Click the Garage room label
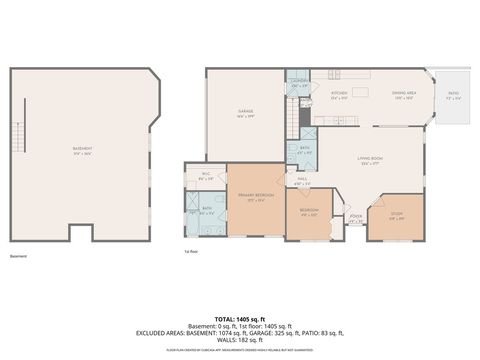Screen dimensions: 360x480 (x=245, y=112)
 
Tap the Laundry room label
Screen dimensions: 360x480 (x=298, y=83)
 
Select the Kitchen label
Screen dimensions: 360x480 (x=338, y=94)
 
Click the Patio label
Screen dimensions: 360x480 (x=452, y=95)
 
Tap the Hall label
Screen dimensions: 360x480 (x=302, y=181)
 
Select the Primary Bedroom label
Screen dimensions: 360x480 (x=257, y=196)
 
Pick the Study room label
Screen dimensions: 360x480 (x=396, y=215)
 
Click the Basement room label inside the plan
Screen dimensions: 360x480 (x=82, y=151)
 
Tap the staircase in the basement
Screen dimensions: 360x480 (x=17, y=134)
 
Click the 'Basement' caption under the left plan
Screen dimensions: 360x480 (x=18, y=256)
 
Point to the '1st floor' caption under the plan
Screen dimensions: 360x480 (x=190, y=251)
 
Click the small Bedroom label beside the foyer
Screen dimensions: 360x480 (x=310, y=212)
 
